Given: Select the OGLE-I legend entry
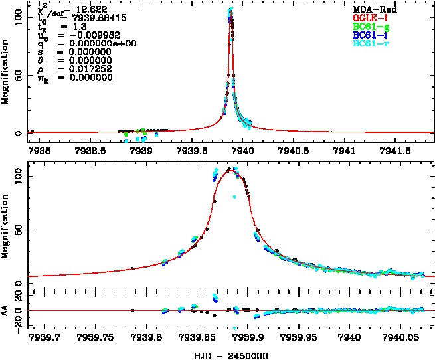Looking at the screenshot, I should tap(375, 18).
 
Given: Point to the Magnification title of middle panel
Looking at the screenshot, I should tap(7, 225).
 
